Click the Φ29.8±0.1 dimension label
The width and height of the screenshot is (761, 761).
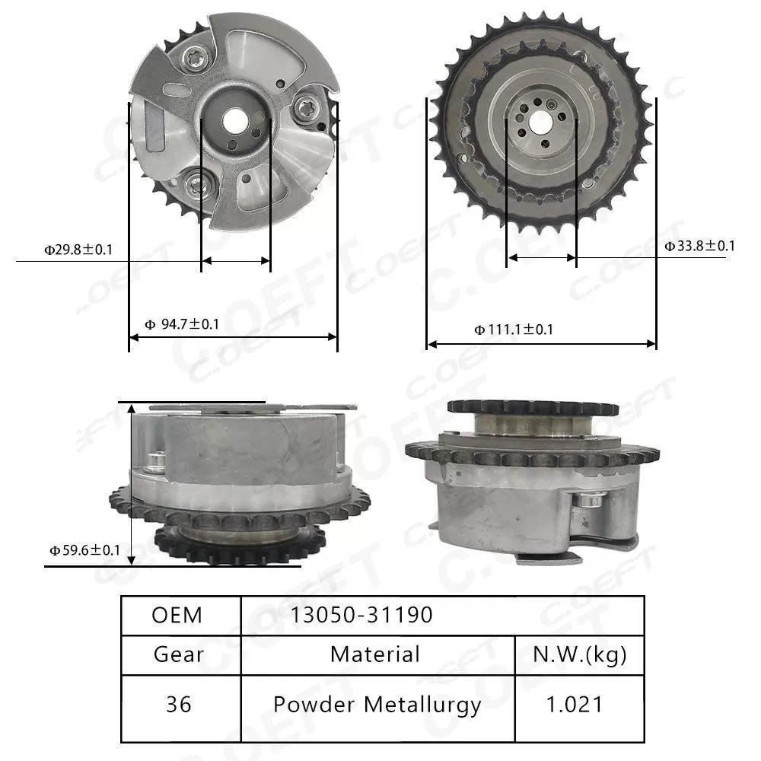click(x=78, y=249)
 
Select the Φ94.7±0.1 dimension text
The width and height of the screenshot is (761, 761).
click(x=182, y=325)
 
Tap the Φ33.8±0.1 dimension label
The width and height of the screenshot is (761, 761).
click(x=699, y=246)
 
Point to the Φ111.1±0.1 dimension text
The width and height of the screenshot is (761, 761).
click(x=514, y=330)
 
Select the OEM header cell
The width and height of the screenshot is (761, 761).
click(x=177, y=615)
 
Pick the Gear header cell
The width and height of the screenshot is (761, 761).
click(x=179, y=654)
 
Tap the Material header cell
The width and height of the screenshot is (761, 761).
click(x=375, y=654)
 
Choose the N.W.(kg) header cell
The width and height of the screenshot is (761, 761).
click(x=579, y=654)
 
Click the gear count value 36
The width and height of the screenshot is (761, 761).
click(x=179, y=705)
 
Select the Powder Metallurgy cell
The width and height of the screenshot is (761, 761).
click(x=377, y=705)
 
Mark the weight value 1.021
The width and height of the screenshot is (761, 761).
click(x=579, y=705)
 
